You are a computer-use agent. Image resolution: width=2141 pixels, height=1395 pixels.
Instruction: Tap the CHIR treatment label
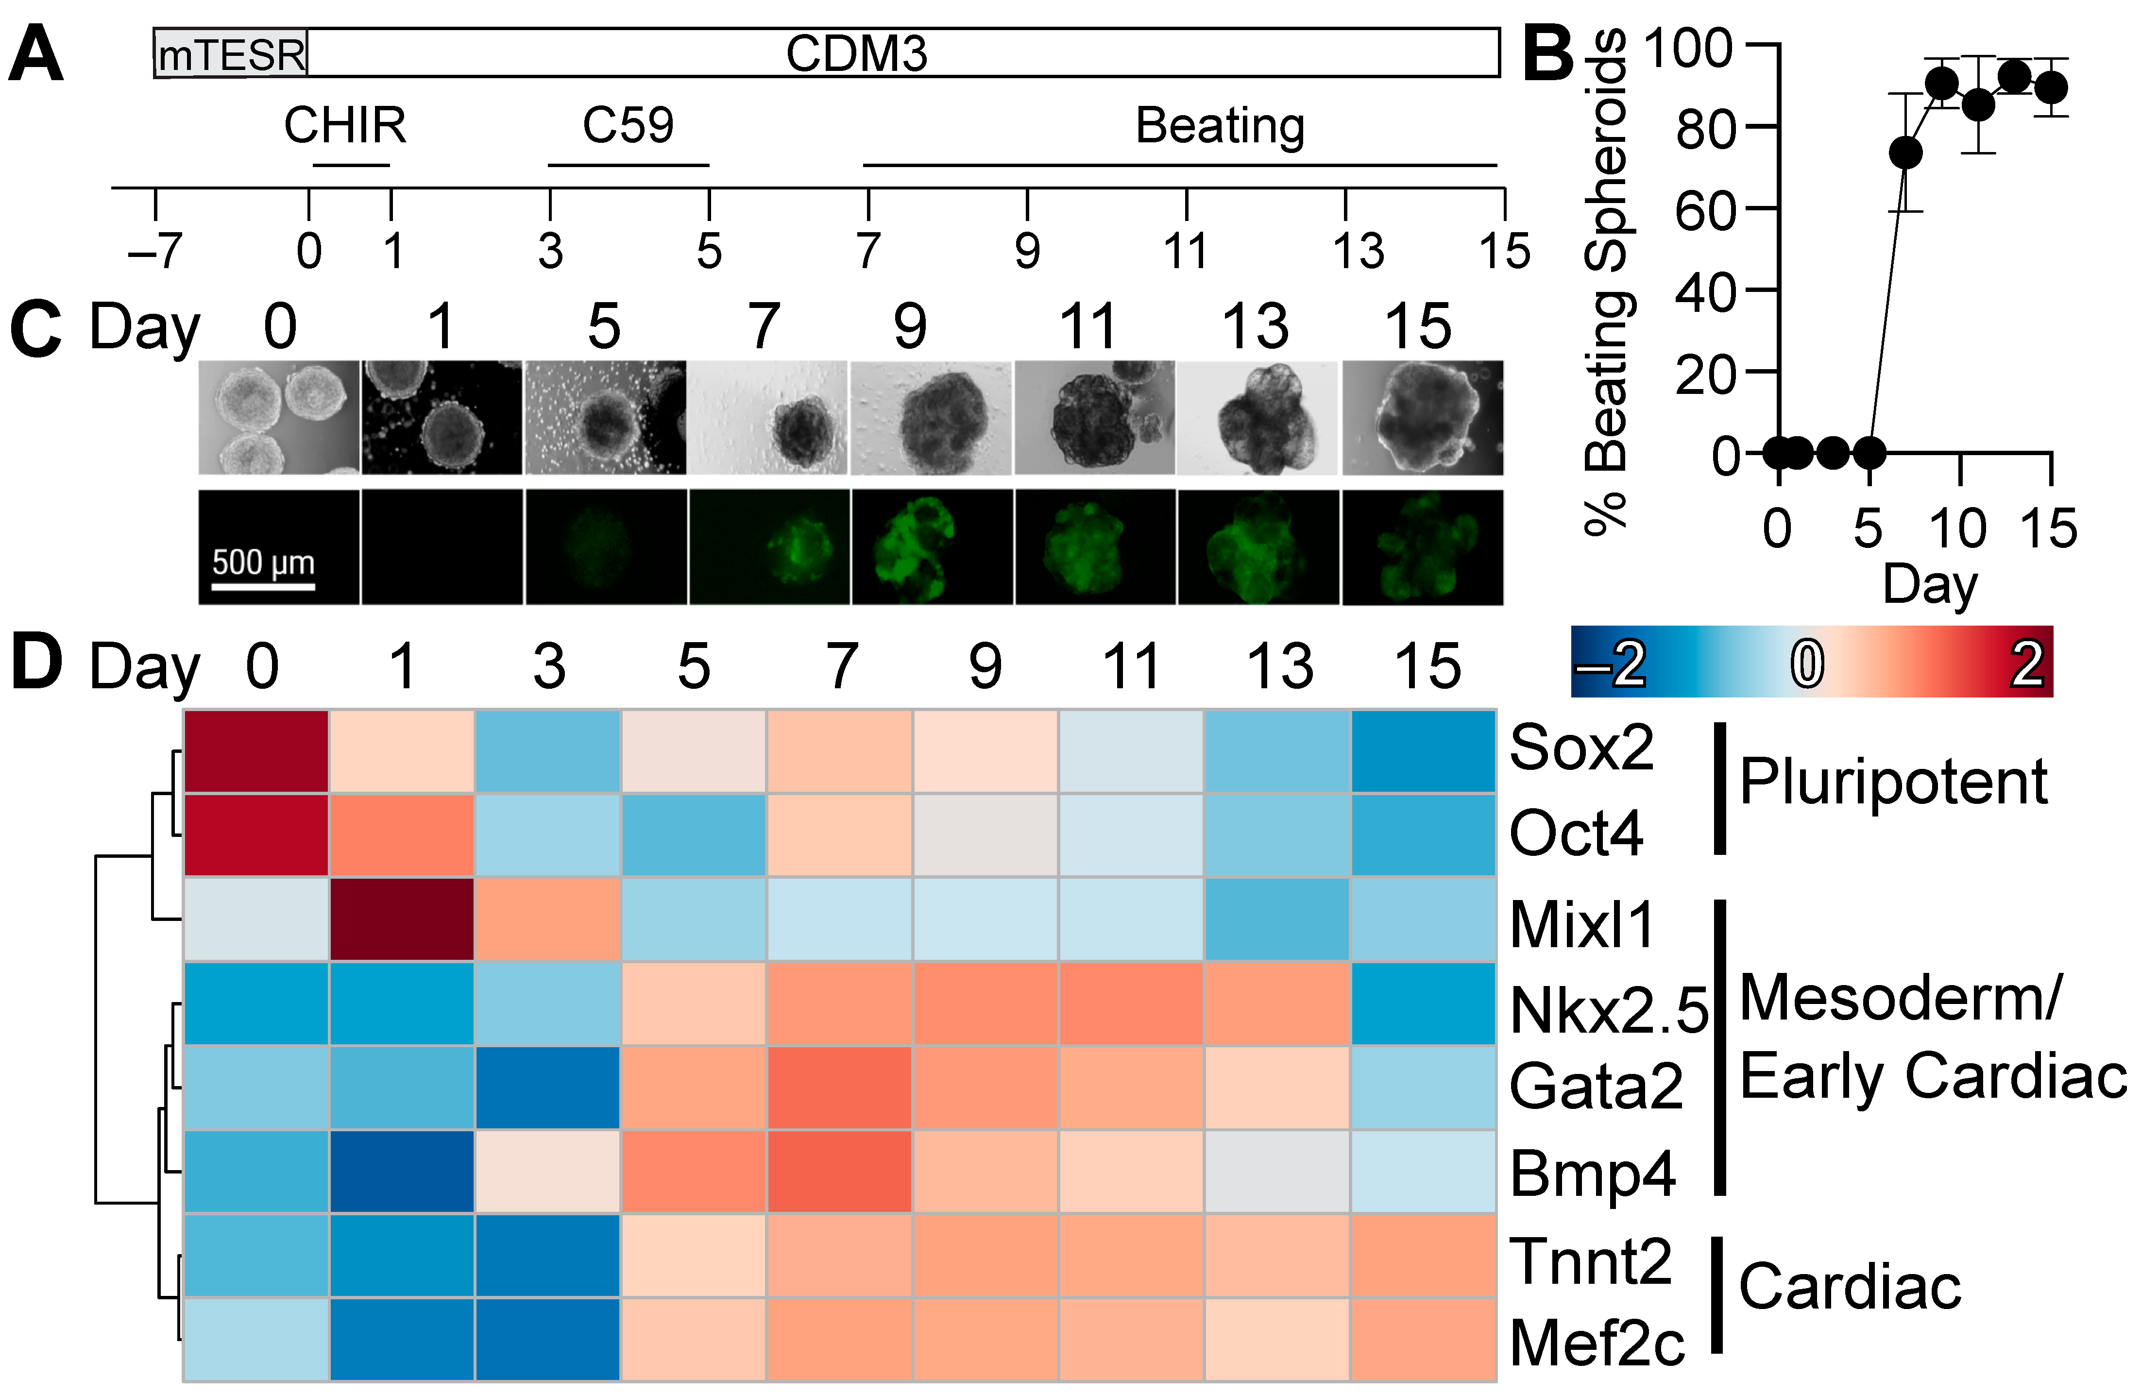click(345, 125)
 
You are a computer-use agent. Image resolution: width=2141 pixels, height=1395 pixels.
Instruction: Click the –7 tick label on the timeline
click(155, 251)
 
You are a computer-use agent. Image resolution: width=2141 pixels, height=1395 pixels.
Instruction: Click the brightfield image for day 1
click(442, 417)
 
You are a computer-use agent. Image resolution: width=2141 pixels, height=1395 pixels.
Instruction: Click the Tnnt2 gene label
click(1590, 1261)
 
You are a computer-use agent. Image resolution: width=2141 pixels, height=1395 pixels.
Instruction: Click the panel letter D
click(36, 663)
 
